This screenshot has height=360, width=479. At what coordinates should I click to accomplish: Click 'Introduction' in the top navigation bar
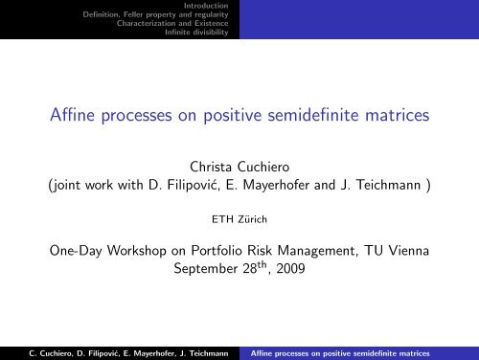(x=209, y=6)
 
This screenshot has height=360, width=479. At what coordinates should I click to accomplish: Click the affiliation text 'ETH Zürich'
(x=239, y=219)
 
